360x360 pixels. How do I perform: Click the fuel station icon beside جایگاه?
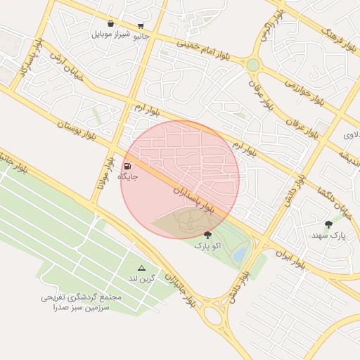click(x=127, y=166)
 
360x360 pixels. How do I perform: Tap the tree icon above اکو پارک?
click(x=207, y=235)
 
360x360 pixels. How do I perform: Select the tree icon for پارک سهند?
click(x=328, y=224)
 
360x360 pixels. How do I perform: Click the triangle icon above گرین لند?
click(x=141, y=268)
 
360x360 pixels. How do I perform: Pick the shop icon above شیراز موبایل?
click(x=110, y=24)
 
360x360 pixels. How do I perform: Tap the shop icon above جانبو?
click(x=141, y=25)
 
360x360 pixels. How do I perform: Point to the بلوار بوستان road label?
click(x=84, y=131)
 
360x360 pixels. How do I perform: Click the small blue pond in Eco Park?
click(x=240, y=252)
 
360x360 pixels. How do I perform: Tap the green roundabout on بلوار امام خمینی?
click(x=252, y=65)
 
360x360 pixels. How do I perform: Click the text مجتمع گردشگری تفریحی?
click(x=81, y=298)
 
